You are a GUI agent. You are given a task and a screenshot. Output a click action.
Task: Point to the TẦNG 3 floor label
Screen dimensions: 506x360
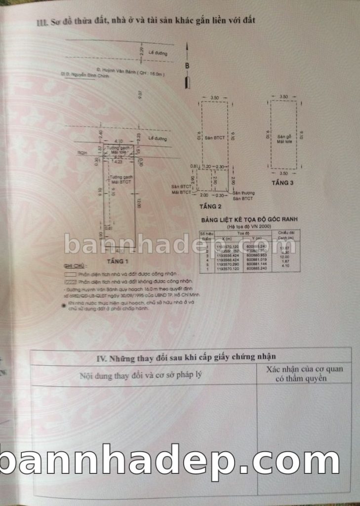coord(283,182)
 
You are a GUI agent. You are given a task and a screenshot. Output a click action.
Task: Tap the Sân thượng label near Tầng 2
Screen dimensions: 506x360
coord(243,193)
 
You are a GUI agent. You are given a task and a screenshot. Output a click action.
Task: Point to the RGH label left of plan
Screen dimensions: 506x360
coord(75,153)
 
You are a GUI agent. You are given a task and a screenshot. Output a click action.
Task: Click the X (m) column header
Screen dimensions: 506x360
coord(227,238)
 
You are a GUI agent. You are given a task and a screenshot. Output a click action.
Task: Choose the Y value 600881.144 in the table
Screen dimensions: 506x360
coord(256,263)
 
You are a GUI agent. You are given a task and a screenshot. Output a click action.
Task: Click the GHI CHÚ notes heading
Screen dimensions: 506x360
coord(73,265)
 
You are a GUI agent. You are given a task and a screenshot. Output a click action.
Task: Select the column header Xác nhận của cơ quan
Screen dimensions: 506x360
coord(304,369)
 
